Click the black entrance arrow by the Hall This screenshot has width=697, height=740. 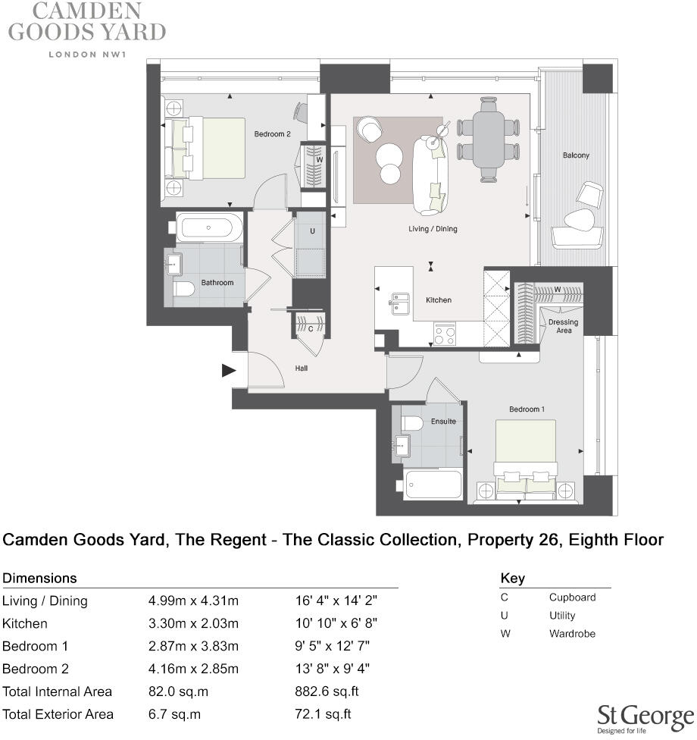[228, 371]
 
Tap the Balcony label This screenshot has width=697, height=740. [576, 155]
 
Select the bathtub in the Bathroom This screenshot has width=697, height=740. [209, 227]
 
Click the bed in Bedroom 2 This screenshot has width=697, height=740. [206, 148]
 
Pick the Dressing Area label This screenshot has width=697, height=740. [563, 326]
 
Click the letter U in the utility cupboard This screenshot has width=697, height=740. [311, 231]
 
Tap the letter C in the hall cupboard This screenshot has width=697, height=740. [310, 329]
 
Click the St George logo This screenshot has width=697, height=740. [645, 717]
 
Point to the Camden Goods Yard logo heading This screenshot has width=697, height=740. [86, 22]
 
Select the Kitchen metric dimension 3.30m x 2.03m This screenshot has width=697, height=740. [193, 623]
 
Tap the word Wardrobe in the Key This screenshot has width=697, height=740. [572, 634]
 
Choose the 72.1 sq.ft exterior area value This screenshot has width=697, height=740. [323, 714]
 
